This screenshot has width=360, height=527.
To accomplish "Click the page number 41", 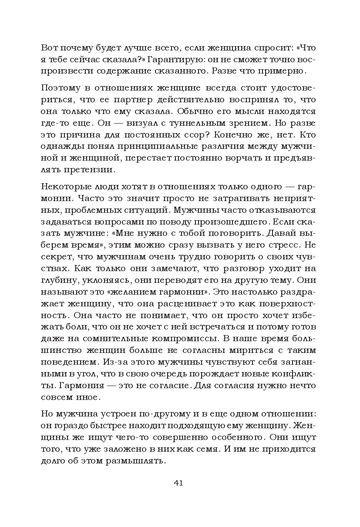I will tap(178, 483).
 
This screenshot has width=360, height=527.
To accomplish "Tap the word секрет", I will tap(55, 245).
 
